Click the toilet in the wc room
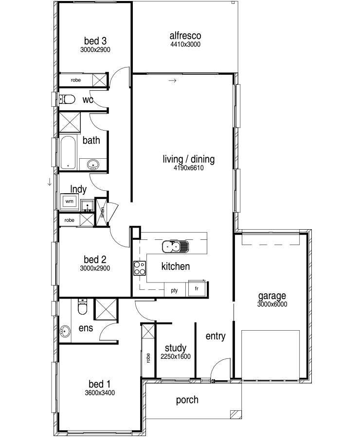pyautogui.click(x=67, y=99)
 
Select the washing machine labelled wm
pyautogui.click(x=69, y=201)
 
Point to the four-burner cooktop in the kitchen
pyautogui.click(x=140, y=268)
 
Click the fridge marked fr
pyautogui.click(x=198, y=288)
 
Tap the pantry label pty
pyautogui.click(x=174, y=291)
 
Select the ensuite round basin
pyautogui.click(x=65, y=331)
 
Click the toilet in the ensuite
pyautogui.click(x=82, y=306)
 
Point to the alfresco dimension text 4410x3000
pyautogui.click(x=185, y=44)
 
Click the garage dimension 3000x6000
pyautogui.click(x=272, y=304)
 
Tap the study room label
pyautogui.click(x=176, y=348)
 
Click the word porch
pyautogui.click(x=187, y=400)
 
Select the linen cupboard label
pyautogui.click(x=103, y=212)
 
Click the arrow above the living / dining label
pyautogui.click(x=173, y=81)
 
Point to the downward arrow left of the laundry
pyautogui.click(x=50, y=182)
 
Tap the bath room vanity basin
pyautogui.click(x=93, y=165)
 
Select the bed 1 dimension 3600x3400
pyautogui.click(x=100, y=393)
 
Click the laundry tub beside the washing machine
pyautogui.click(x=88, y=205)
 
